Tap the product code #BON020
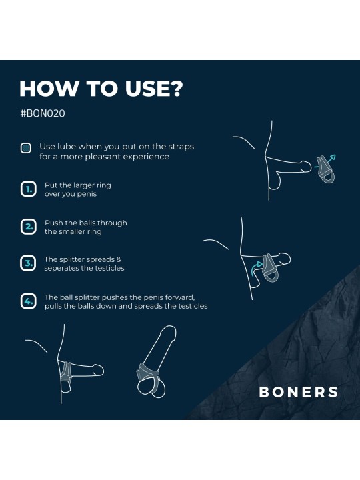(43, 113)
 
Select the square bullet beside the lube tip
(26, 148)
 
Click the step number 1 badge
(27, 190)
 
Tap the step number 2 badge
(27, 227)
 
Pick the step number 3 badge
(27, 264)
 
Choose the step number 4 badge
(27, 301)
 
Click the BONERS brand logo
(298, 392)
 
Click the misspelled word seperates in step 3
(62, 269)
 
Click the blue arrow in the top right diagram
(331, 159)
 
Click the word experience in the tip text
(147, 157)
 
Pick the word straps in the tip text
(179, 146)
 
